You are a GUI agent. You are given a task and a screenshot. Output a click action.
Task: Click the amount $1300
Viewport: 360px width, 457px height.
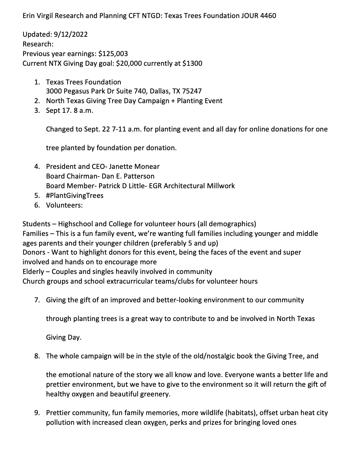[x=192, y=63]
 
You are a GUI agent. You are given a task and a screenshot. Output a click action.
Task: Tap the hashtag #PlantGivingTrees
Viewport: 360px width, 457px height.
[x=75, y=196]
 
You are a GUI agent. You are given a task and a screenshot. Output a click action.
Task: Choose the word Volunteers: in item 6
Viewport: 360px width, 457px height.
[x=64, y=205]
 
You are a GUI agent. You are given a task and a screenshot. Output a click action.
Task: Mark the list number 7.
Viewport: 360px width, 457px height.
[x=37, y=300]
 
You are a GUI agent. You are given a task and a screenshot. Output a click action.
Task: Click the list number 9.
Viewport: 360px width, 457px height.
[x=37, y=413]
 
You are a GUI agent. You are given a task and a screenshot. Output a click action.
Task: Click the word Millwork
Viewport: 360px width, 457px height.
[x=221, y=186]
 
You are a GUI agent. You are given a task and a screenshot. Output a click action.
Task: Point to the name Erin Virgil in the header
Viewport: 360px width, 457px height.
[x=38, y=16]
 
